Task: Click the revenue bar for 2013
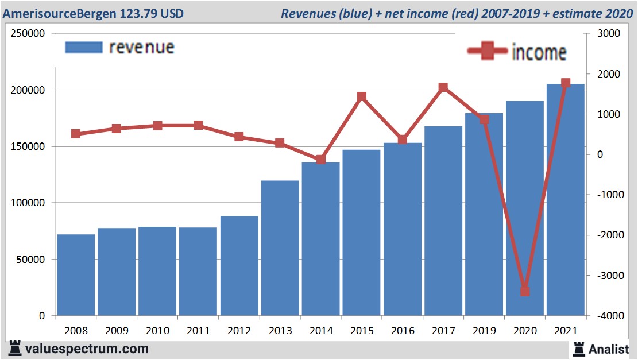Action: tap(280, 248)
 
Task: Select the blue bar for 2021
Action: tap(565, 200)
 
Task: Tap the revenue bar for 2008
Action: tap(76, 275)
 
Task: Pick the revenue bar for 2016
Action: tap(402, 229)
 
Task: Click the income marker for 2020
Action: tap(525, 291)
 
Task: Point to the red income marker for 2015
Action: tap(362, 96)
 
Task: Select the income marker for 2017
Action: tap(443, 88)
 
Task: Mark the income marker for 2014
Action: tap(321, 160)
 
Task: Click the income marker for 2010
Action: tap(158, 125)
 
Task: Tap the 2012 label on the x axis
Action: tap(239, 331)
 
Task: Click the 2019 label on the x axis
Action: tap(484, 331)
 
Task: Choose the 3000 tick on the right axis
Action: tap(606, 33)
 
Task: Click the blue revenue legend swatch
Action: tap(83, 47)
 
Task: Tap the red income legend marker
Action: tap(487, 52)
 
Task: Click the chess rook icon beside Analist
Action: tap(578, 349)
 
